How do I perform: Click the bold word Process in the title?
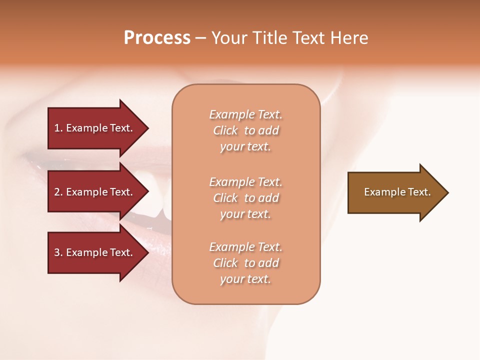(x=157, y=38)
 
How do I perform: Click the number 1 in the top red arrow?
(x=57, y=128)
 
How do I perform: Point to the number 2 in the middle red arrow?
(x=57, y=192)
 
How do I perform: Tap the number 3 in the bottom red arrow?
(x=57, y=252)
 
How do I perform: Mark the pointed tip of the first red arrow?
(x=146, y=128)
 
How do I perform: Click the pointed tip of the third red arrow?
(x=146, y=252)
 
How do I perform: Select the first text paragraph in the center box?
(x=245, y=130)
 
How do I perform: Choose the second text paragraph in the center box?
(x=245, y=198)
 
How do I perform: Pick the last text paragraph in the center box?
(x=245, y=263)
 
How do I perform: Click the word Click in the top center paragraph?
(x=225, y=130)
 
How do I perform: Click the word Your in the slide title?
(x=229, y=38)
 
